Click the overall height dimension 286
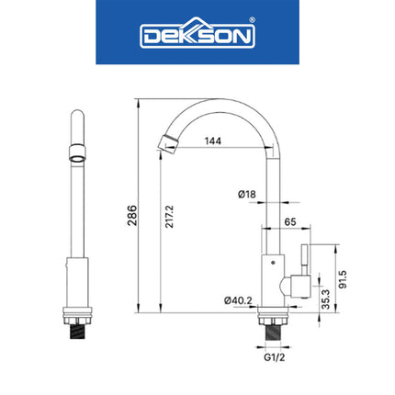131,215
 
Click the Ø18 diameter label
245,194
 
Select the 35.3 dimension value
325,299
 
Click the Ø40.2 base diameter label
237,299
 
